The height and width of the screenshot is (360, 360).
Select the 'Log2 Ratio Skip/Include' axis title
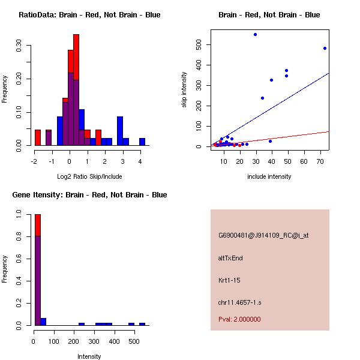point(89,176)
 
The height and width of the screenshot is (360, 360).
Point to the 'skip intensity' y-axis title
point(184,90)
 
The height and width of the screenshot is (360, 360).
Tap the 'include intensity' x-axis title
point(269,176)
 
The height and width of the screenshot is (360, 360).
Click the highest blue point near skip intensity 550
point(255,35)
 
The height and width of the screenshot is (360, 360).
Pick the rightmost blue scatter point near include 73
point(325,49)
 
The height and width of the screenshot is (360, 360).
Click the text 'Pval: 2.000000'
point(239,319)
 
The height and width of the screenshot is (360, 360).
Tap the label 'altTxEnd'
point(230,258)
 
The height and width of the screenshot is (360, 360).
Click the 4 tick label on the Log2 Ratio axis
point(140,161)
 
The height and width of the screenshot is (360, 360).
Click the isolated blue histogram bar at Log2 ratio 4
point(142,142)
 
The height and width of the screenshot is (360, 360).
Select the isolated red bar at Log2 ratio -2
point(38,137)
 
